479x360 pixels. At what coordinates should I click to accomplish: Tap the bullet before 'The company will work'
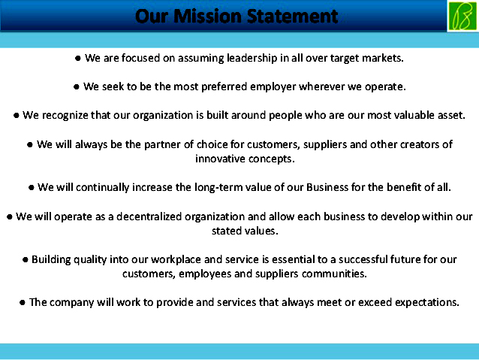click(23, 302)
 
